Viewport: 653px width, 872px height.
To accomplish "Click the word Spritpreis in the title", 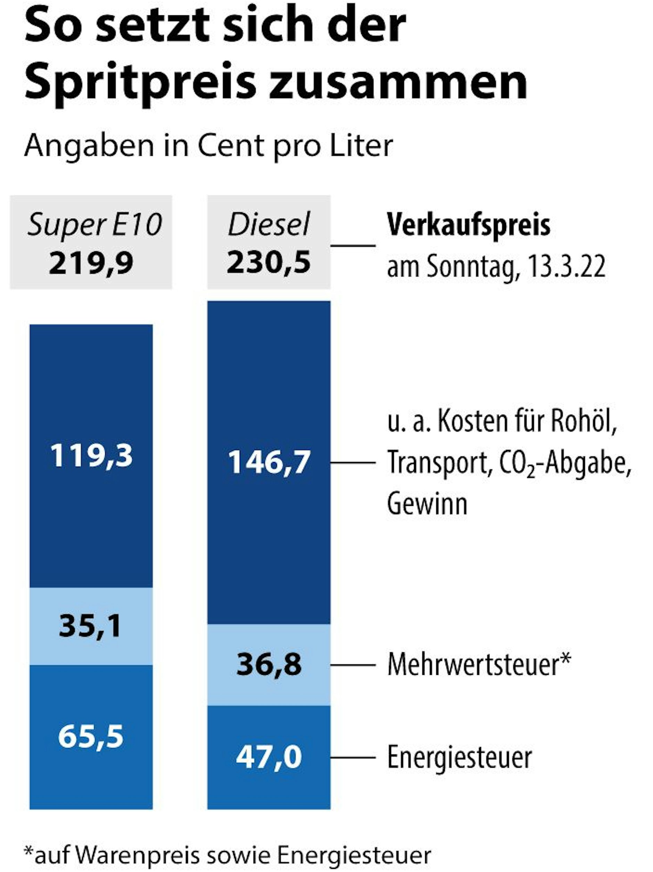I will pyautogui.click(x=140, y=81).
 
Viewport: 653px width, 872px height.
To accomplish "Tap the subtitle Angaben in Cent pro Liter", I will pyautogui.click(x=208, y=146).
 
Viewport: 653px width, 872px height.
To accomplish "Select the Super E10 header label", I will pyautogui.click(x=94, y=225).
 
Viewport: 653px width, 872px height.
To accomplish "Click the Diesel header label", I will pyautogui.click(x=269, y=225).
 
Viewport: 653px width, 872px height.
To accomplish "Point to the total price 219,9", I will pyautogui.click(x=91, y=263).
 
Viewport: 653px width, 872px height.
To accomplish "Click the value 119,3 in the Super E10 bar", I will pyautogui.click(x=91, y=456).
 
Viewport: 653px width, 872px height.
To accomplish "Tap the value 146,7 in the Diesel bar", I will pyautogui.click(x=269, y=462).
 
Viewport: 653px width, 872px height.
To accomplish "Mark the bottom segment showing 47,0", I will pyautogui.click(x=269, y=757).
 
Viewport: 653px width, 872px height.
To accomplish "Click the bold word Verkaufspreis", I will pyautogui.click(x=468, y=226).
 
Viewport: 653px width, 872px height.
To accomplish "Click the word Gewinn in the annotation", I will pyautogui.click(x=427, y=504).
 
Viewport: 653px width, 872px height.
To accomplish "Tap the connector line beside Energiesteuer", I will pyautogui.click(x=353, y=757).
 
